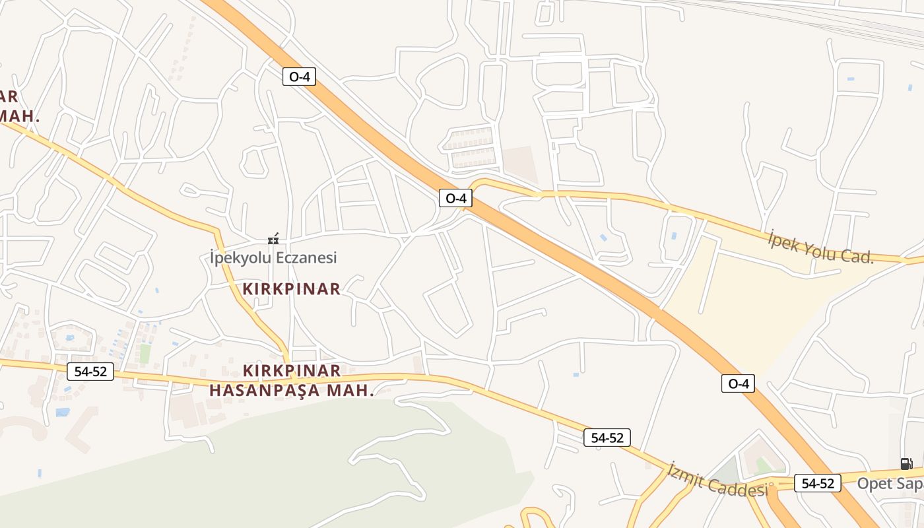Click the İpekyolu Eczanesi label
point(273,257)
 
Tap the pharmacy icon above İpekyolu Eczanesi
point(273,239)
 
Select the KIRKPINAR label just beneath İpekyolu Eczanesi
point(291,288)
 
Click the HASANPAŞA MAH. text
point(291,390)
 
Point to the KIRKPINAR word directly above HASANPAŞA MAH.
point(292,370)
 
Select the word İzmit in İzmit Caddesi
point(686,477)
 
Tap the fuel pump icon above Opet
point(906,463)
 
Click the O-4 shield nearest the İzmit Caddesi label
point(738,383)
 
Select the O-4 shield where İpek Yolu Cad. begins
point(455,198)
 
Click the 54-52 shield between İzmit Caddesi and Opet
point(818,483)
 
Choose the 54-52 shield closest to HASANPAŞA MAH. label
point(90,372)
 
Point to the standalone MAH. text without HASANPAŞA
point(20,117)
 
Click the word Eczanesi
point(306,257)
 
